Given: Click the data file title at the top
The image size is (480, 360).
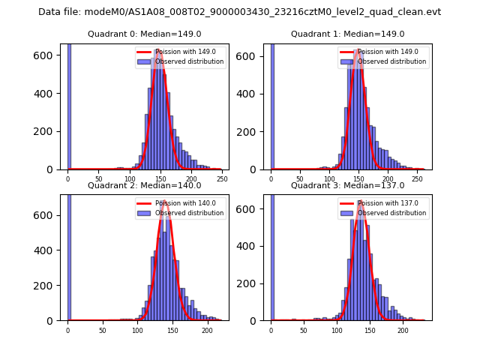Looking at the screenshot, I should pos(239,12).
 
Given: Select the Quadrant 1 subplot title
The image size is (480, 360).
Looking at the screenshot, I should pos(347,34).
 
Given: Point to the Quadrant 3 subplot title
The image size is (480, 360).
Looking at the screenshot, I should pos(347,185).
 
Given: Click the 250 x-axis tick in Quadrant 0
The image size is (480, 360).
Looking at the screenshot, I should pos(222,179).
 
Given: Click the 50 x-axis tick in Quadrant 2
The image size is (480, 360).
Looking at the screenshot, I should pos(103,330).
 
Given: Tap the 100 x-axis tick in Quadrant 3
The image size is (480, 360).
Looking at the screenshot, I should pos(337,330).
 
